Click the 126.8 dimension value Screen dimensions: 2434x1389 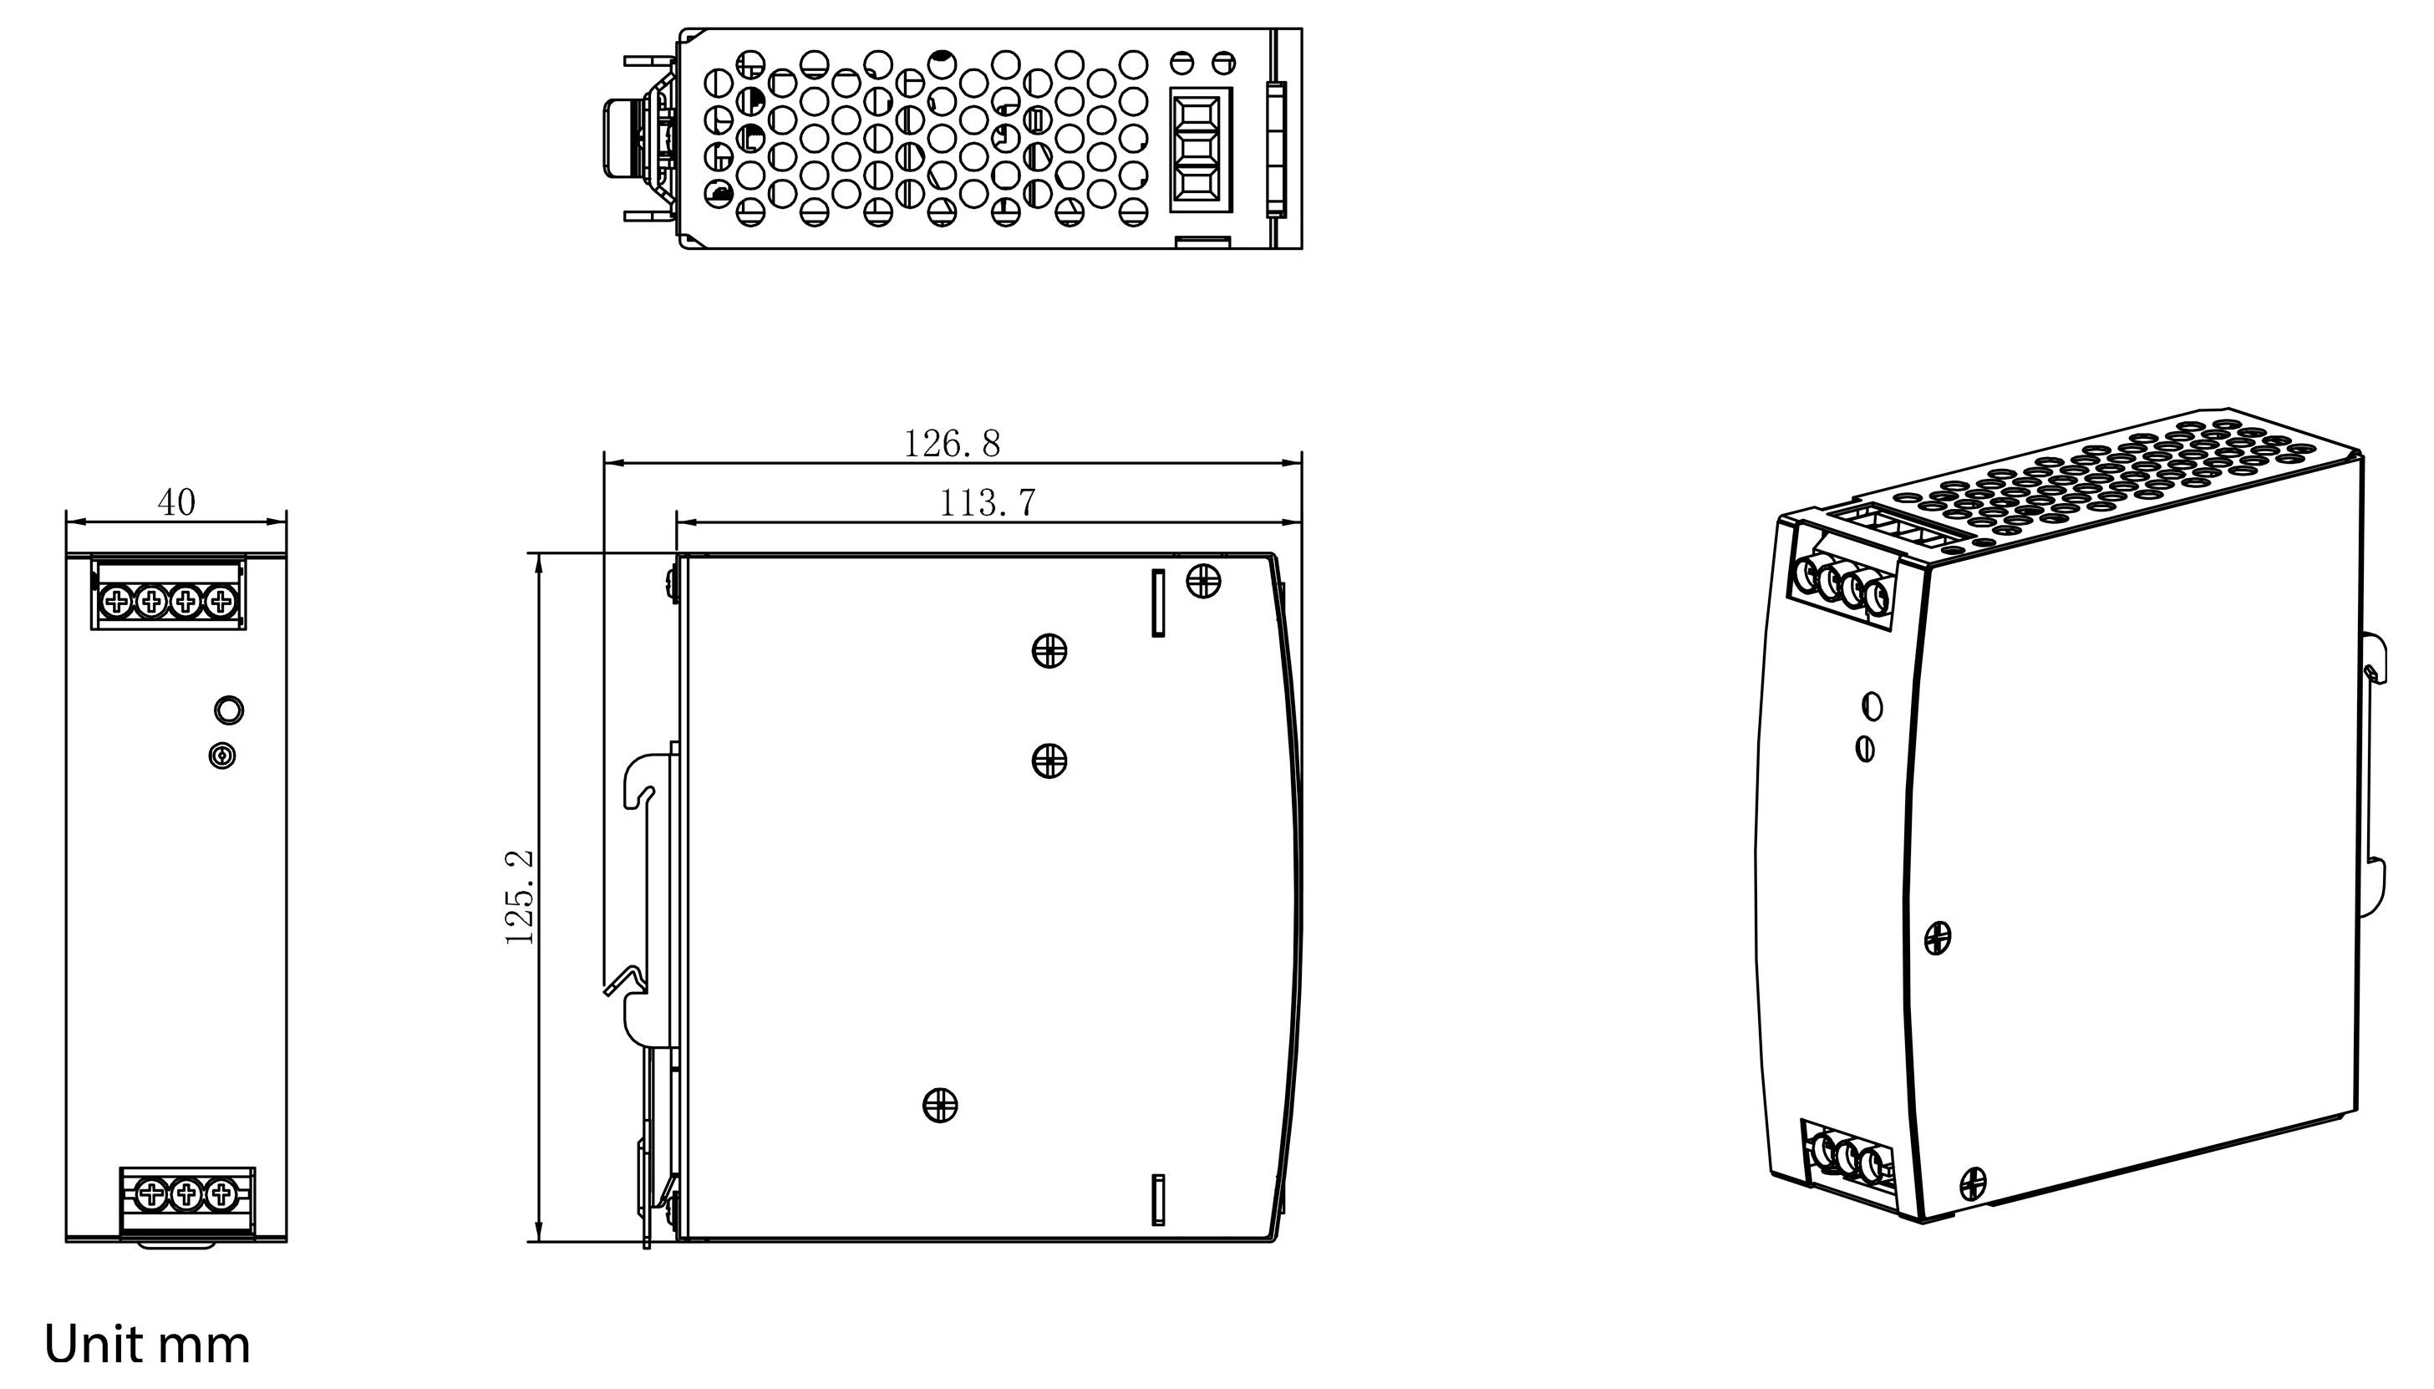[951, 444]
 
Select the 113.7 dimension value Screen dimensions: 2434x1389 [987, 503]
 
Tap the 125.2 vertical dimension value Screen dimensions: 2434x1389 [519, 897]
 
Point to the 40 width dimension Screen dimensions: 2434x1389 [176, 503]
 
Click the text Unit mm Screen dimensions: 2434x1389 [148, 1344]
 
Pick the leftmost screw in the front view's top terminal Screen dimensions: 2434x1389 [116, 601]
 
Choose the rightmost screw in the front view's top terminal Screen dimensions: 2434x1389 [221, 601]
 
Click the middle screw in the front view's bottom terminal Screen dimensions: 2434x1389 [186, 1193]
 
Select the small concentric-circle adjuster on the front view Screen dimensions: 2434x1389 [222, 756]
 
